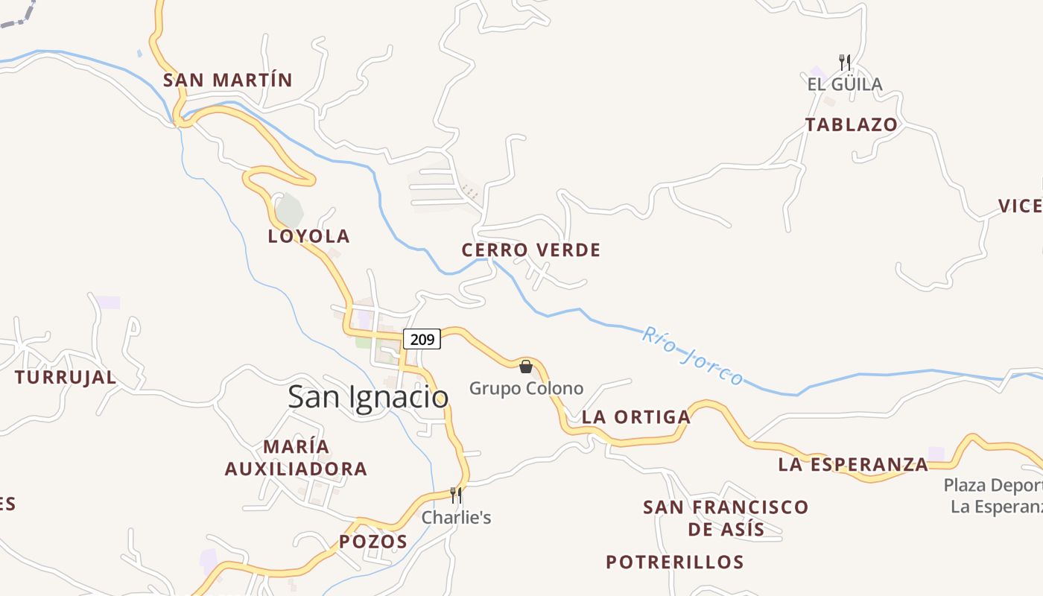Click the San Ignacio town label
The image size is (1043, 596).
point(368,397)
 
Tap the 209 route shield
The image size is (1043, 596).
point(422,339)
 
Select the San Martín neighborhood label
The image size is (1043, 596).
point(228,80)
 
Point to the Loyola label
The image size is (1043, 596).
point(308,236)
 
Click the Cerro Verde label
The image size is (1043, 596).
point(530,250)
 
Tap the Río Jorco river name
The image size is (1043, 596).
point(692,356)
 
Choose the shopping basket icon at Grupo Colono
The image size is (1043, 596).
point(526,366)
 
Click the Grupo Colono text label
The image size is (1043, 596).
point(526,388)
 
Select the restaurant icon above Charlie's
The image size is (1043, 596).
point(456,495)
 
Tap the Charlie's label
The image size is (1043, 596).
point(456,517)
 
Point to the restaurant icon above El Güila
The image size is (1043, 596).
point(844,61)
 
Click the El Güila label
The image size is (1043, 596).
point(844,84)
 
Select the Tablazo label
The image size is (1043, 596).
point(851,124)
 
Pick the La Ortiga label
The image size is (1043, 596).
point(635,417)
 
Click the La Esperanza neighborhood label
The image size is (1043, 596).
point(853,465)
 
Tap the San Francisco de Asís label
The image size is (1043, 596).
point(725,518)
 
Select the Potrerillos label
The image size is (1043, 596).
point(674,562)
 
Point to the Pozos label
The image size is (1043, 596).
point(373,542)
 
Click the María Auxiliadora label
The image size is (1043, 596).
point(296,457)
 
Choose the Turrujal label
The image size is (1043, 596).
point(66,377)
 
